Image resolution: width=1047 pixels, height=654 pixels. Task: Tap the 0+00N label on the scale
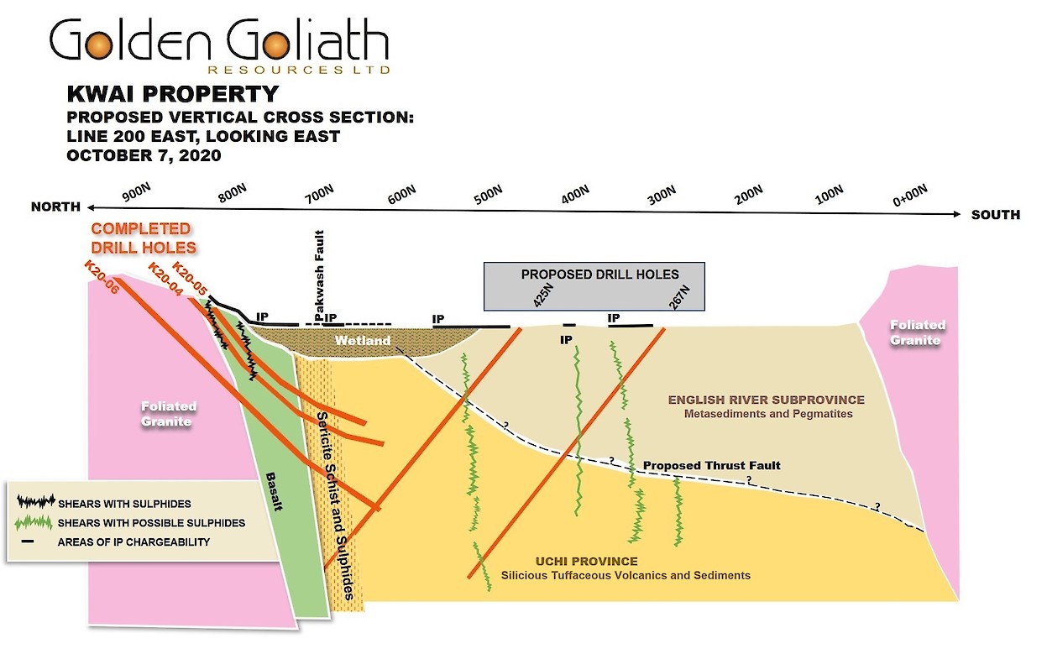pos(911,196)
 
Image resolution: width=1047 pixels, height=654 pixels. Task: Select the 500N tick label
pos(488,195)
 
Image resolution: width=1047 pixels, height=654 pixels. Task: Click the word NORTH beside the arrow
pos(55,207)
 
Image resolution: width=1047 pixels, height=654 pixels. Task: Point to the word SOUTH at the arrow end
pos(996,215)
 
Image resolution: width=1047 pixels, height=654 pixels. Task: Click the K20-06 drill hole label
pos(101,275)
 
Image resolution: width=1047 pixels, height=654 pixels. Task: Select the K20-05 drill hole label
pos(190,279)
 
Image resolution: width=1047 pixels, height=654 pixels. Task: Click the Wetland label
pos(363,341)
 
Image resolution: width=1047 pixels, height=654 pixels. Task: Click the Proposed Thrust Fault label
pos(712,465)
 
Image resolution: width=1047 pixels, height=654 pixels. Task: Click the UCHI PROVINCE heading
pos(586,562)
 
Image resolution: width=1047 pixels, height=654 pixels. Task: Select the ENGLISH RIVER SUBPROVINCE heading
pos(766,400)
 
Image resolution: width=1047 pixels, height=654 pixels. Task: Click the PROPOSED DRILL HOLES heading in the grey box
pos(599,275)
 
